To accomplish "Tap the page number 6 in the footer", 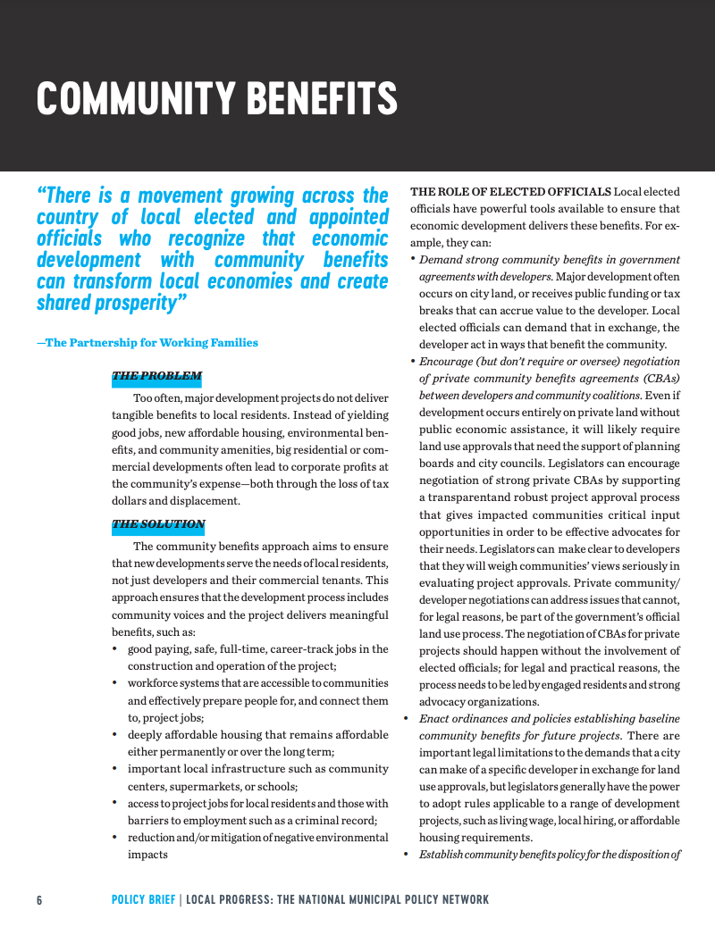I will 39,899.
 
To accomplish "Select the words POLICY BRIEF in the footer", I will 143,899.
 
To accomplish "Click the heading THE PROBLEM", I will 156,376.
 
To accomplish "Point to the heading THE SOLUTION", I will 158,524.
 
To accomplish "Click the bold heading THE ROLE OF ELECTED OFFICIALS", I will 510,192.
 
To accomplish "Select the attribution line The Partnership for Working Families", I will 147,343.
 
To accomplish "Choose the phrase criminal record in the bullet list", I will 340,821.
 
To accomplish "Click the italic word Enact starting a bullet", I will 435,719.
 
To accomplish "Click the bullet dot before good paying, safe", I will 116,649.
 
